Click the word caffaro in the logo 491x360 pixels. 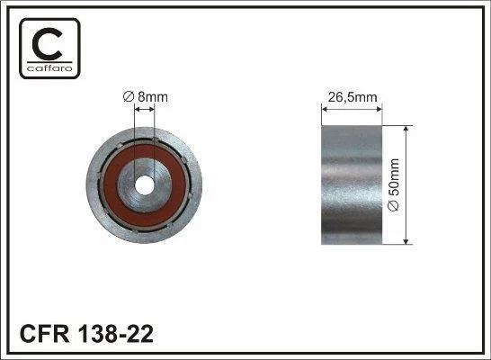(x=49, y=68)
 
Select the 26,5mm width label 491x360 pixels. (x=353, y=97)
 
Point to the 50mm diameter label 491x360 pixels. (x=394, y=184)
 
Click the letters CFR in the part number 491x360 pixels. (x=44, y=334)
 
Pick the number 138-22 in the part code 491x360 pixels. (x=115, y=334)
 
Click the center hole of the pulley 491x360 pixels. (x=145, y=185)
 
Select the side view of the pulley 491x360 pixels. (x=352, y=184)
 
